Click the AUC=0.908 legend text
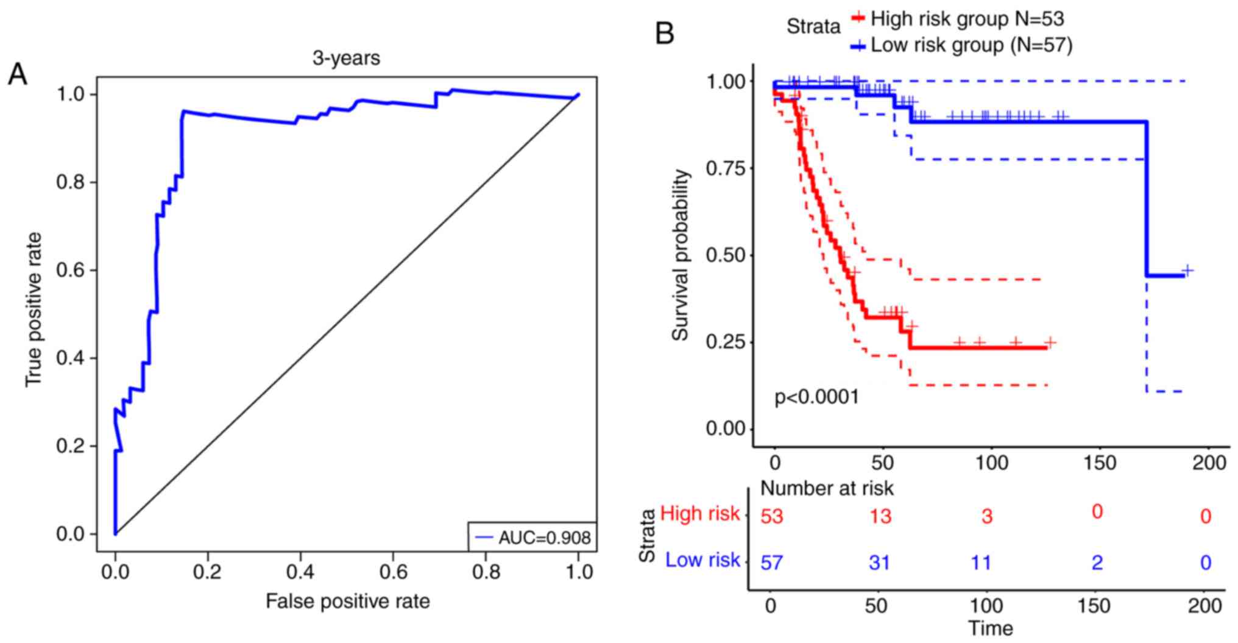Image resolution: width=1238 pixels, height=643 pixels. [x=544, y=537]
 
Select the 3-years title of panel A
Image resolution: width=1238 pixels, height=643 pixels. [x=346, y=58]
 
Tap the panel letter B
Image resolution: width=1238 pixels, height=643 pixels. [x=664, y=34]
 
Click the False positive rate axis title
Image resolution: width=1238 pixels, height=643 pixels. [x=347, y=602]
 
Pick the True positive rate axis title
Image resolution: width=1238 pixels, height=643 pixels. [x=34, y=309]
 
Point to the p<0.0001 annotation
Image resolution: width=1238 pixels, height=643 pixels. [x=816, y=397]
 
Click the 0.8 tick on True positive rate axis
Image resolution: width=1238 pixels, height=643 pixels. [x=72, y=182]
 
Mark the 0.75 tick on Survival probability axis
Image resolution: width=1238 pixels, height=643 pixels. [x=726, y=168]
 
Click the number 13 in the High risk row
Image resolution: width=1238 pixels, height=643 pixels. [x=880, y=517]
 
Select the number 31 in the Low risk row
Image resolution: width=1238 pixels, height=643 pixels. [x=880, y=563]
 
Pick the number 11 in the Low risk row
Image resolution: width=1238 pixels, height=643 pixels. [x=981, y=563]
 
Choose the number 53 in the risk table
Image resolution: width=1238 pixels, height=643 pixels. [x=772, y=517]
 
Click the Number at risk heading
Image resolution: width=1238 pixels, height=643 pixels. [x=827, y=488]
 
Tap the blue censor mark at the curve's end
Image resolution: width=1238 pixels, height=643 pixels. [x=1187, y=270]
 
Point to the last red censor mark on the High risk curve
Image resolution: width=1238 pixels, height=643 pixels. [x=1050, y=343]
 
